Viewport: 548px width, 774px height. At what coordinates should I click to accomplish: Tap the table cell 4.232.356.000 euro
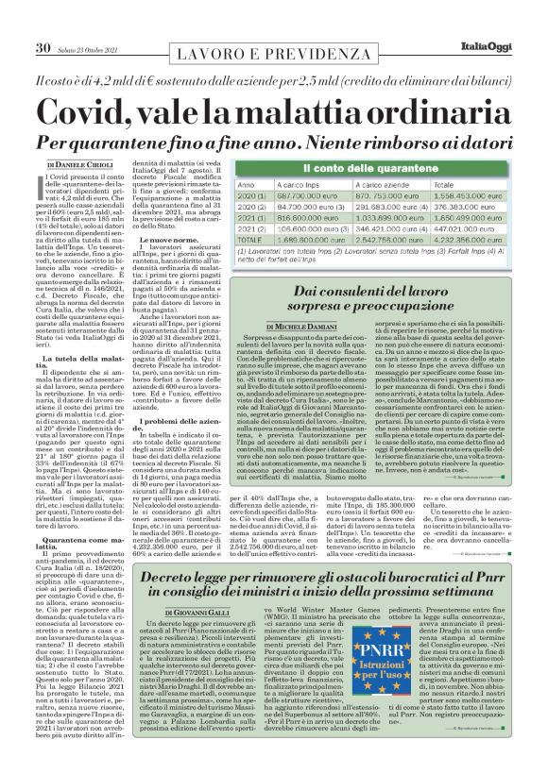click(484, 240)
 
